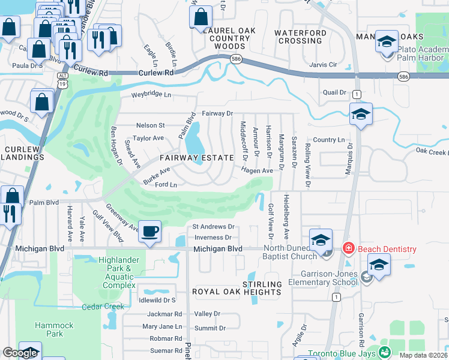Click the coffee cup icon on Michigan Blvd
pos(149,230)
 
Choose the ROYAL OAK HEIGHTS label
pos(237,292)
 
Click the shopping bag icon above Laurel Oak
pos(200,17)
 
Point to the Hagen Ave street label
pos(258,170)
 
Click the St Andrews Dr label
pos(213,227)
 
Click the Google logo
pos(19,353)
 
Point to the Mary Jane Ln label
pos(162,326)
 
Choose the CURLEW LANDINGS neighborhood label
pos(25,153)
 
